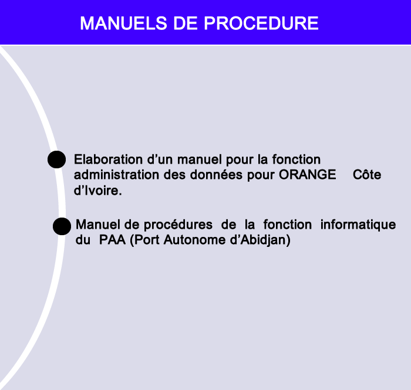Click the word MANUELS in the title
pos(123,23)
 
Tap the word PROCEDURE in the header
pos(261,23)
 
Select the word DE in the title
pos(186,23)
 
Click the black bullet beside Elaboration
pos(56,160)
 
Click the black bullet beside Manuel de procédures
pos(62,226)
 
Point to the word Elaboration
pos(108,160)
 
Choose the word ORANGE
pos(307,175)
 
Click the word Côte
pos(367,175)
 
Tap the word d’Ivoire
pos(98,190)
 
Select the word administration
pos(116,175)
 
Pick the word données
pos(216,175)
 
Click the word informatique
pos(358,225)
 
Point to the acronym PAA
pos(112,240)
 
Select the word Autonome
pos(194,240)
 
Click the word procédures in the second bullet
pos(178,225)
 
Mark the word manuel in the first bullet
pos(200,160)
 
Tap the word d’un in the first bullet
pos(160,160)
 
